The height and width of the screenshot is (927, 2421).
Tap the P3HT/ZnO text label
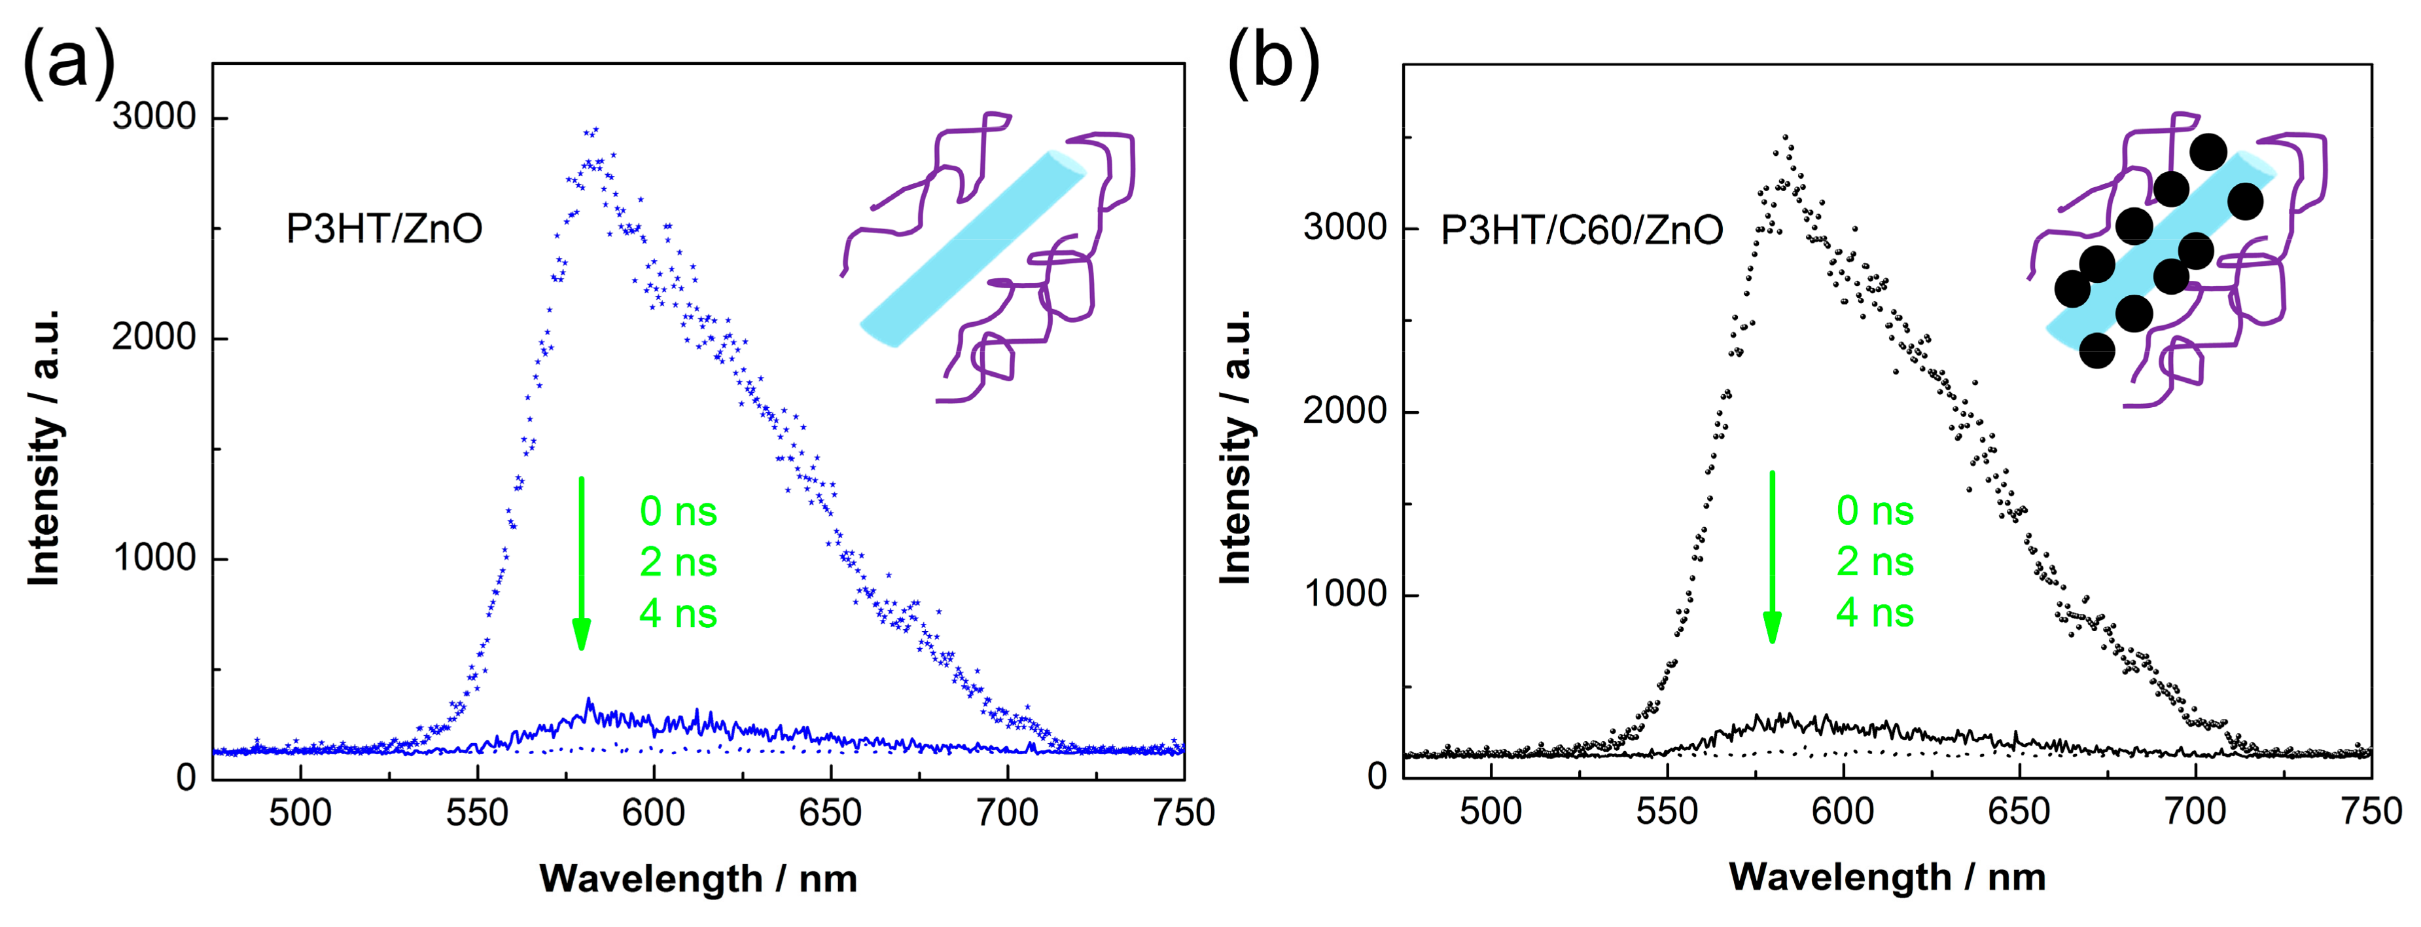point(383,228)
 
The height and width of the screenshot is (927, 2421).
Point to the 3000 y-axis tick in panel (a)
point(153,117)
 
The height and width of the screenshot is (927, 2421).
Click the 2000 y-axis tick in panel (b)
point(1344,411)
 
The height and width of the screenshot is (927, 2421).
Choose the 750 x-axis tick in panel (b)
point(2370,811)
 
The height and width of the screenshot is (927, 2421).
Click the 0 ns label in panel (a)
point(678,511)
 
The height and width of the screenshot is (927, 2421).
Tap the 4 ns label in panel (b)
point(1874,613)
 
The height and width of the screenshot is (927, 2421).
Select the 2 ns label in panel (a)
point(678,562)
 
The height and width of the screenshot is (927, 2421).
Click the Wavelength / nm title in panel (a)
point(698,879)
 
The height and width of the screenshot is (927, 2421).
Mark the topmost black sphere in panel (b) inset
point(2208,151)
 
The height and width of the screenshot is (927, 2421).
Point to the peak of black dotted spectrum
point(1785,137)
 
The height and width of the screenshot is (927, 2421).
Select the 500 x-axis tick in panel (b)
point(1491,811)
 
